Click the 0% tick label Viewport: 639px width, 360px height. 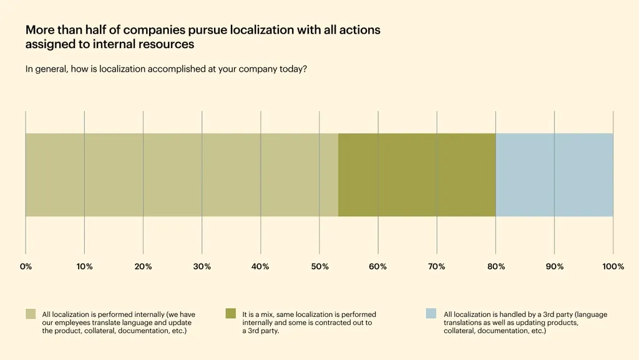click(x=26, y=266)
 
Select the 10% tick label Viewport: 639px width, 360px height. click(x=84, y=266)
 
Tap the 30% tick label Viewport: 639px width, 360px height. click(x=202, y=266)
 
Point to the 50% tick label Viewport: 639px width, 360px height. click(x=319, y=266)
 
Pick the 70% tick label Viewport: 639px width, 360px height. click(x=437, y=266)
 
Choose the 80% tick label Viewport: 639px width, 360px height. click(x=495, y=266)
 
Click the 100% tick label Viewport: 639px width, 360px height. click(x=613, y=266)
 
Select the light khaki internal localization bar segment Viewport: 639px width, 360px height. click(x=181, y=175)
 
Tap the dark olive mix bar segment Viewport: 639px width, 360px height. click(x=417, y=175)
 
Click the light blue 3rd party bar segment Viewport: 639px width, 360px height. click(x=554, y=175)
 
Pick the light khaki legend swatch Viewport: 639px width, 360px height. click(x=31, y=314)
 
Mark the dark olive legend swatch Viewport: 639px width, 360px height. click(x=231, y=314)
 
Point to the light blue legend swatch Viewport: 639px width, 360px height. click(x=431, y=314)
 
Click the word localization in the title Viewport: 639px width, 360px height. click(x=265, y=30)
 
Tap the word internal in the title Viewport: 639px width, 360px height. click(x=126, y=44)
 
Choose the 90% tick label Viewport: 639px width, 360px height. click(x=554, y=266)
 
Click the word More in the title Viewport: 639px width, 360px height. click(x=39, y=30)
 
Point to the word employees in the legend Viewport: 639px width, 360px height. click(x=72, y=323)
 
